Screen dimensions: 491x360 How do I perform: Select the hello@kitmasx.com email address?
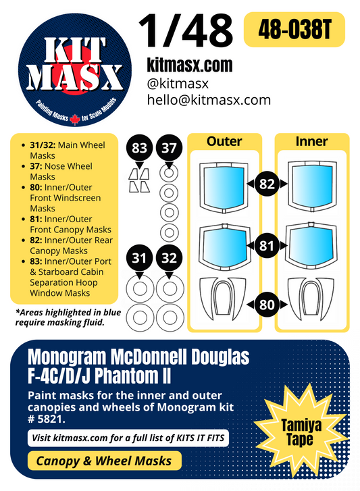[209, 100]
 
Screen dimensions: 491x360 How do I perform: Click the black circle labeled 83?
[141, 148]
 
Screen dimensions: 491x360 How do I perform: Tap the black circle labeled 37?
[169, 148]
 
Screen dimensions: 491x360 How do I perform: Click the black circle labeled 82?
[267, 184]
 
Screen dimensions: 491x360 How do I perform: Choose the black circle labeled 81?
[267, 244]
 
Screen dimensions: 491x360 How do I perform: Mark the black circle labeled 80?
[267, 304]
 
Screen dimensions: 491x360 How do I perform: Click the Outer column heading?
[224, 141]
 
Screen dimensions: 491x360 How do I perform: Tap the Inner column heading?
[311, 141]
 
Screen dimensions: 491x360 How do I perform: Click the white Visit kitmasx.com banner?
[128, 438]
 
